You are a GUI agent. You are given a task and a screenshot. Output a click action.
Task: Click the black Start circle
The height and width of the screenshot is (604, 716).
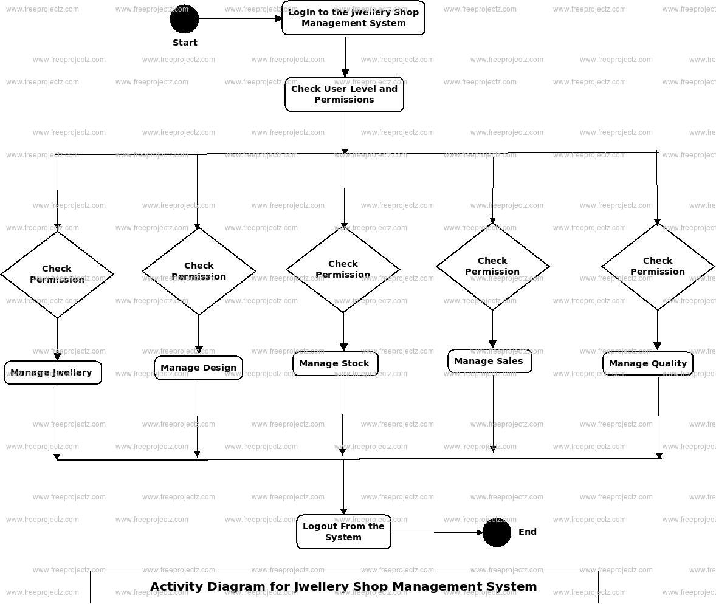[184, 19]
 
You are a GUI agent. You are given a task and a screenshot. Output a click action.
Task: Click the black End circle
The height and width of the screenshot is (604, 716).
[497, 532]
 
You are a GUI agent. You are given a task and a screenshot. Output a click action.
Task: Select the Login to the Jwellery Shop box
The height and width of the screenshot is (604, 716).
[353, 18]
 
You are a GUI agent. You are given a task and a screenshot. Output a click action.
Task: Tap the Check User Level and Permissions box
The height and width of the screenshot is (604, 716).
[344, 94]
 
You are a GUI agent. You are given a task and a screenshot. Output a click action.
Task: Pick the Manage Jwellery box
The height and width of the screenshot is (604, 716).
[53, 372]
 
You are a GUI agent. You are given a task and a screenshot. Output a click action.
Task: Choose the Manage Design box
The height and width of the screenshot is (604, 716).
[198, 368]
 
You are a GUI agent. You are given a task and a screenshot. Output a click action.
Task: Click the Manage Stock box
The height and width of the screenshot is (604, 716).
[335, 363]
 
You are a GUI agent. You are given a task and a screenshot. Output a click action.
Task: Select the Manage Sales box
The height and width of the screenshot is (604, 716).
[489, 361]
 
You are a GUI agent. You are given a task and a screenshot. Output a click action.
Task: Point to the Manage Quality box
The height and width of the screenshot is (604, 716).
[647, 363]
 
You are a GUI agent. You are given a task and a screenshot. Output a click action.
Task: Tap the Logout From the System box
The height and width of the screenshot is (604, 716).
[343, 532]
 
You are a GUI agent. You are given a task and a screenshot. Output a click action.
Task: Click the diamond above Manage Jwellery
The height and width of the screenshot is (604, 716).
[57, 274]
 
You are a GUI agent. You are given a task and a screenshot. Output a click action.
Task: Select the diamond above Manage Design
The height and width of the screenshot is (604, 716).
[199, 271]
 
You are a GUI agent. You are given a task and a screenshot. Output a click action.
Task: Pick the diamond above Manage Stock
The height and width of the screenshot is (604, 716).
[343, 269]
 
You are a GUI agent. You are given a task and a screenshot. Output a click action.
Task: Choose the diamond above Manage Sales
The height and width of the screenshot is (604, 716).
[492, 266]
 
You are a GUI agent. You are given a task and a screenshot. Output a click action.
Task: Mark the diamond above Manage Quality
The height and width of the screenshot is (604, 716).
[658, 266]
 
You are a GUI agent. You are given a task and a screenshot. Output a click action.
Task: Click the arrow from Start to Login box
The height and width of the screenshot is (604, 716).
[240, 19]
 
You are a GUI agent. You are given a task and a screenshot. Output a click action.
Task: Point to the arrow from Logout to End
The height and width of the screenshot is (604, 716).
[436, 533]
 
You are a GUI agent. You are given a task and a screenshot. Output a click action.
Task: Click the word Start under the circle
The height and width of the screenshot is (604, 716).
[185, 43]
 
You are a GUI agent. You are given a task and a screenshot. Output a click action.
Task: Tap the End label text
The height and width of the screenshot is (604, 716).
[528, 532]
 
